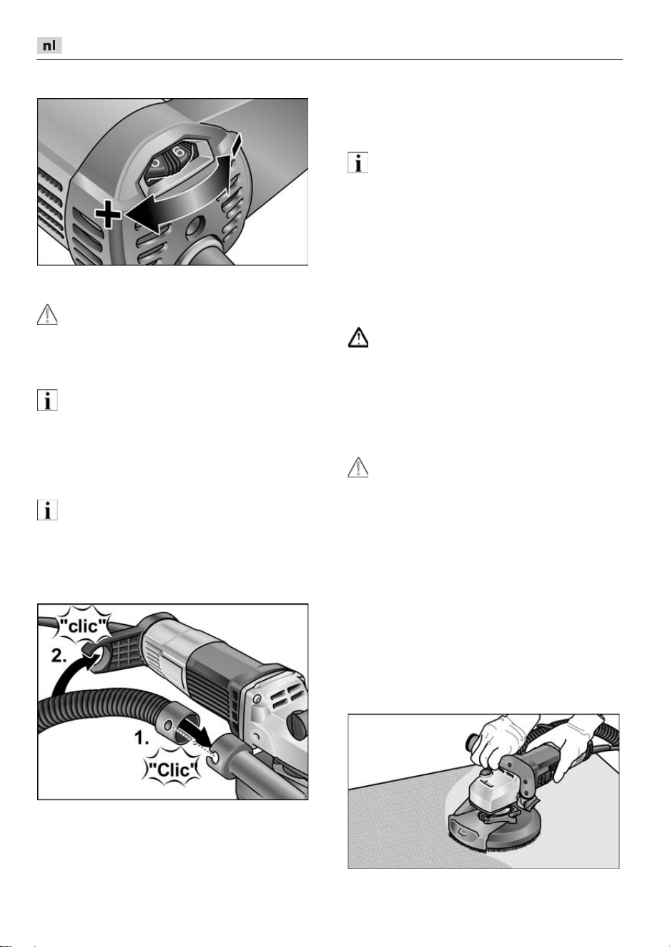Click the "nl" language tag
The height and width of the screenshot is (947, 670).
tap(49, 46)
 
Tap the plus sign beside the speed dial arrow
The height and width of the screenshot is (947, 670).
tap(108, 214)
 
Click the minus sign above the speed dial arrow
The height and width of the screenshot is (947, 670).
tap(236, 144)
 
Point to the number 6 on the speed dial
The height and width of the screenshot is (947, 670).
tap(179, 152)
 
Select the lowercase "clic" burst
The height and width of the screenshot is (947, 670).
tap(84, 626)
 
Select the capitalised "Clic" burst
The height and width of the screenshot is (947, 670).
tap(172, 769)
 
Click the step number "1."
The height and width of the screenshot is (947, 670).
tap(142, 738)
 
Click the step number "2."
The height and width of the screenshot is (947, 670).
tap(59, 656)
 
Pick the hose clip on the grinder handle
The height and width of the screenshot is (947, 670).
tap(93, 651)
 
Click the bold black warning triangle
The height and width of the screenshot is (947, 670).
tap(358, 337)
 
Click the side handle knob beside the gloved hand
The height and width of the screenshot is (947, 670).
tap(471, 742)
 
